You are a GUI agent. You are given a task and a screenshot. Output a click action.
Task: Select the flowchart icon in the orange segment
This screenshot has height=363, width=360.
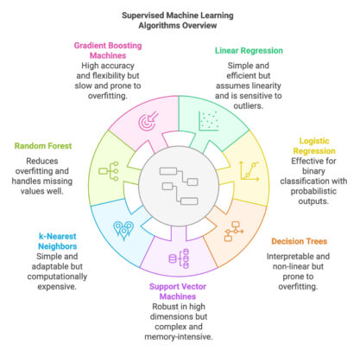pyautogui.click(x=233, y=230)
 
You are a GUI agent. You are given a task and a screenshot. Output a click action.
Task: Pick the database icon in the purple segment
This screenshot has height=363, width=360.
pyautogui.click(x=182, y=257)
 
